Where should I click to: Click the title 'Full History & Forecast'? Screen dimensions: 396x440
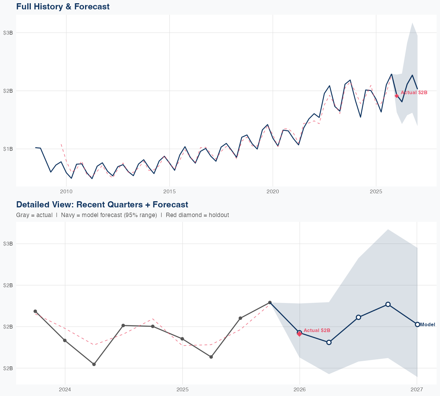pos(63,6)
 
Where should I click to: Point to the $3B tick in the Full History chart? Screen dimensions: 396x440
pos(8,33)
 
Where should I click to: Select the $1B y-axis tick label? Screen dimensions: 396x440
pos(8,149)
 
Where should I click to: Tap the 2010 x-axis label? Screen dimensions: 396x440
pos(66,192)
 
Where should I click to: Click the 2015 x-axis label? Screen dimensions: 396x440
pos(169,192)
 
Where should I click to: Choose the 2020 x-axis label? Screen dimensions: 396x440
pos(273,192)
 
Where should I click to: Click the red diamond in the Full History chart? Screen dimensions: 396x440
pos(397,96)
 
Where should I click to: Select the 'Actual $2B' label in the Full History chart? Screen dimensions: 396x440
pos(414,93)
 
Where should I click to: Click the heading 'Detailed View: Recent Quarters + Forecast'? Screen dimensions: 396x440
pos(102,204)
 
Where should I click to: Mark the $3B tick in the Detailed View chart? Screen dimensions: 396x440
pos(8,243)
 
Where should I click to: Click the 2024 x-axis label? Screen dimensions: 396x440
pos(65,390)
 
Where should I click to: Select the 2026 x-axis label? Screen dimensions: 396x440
pos(299,390)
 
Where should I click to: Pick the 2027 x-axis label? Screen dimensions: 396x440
pos(417,390)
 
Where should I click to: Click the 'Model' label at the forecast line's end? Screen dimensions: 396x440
pos(428,324)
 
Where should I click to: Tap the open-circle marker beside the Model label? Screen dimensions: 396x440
pos(417,324)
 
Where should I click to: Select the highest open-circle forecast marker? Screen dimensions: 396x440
pos(388,304)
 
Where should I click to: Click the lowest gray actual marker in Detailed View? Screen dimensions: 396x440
pos(94,364)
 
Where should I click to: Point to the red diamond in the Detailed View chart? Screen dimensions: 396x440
pos(299,334)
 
